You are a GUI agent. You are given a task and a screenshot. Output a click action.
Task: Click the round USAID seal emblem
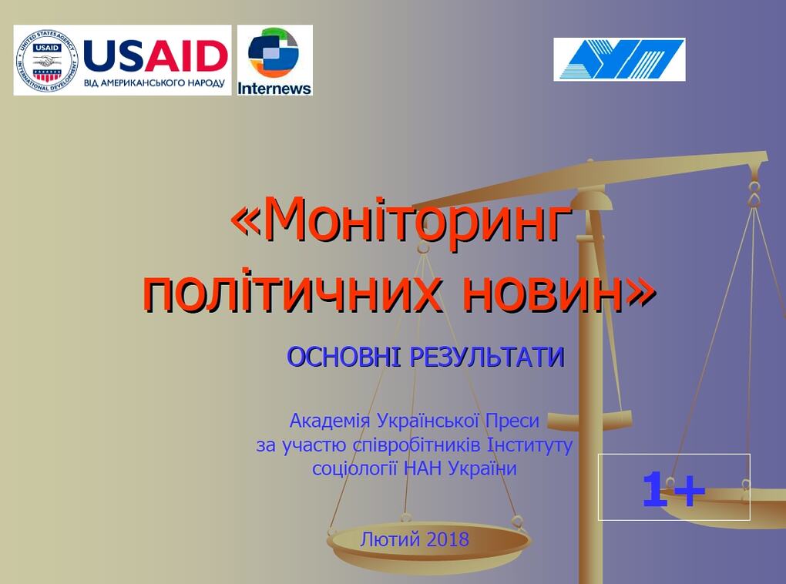pyautogui.click(x=47, y=60)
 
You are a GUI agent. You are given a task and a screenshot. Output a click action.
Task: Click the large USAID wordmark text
pyautogui.click(x=156, y=55)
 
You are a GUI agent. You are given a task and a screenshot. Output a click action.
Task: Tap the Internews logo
pyautogui.click(x=274, y=60)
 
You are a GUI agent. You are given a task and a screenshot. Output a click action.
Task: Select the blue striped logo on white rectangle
pyautogui.click(x=619, y=59)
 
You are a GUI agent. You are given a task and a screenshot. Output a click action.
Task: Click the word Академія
pyautogui.click(x=330, y=421)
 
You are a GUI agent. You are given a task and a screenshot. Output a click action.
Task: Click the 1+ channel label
pyautogui.click(x=673, y=489)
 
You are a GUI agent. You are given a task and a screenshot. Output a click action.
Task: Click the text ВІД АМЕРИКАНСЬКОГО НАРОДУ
pyautogui.click(x=154, y=82)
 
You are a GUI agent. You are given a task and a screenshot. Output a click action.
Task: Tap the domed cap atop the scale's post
pyautogui.click(x=592, y=199)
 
